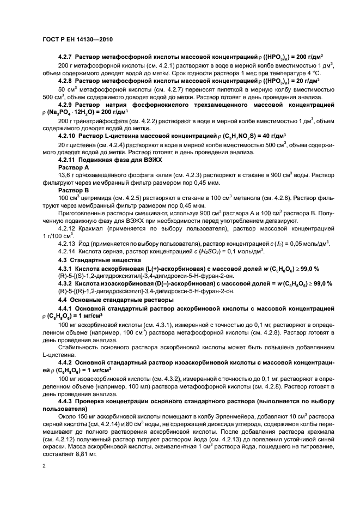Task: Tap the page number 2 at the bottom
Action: click(x=45, y=466)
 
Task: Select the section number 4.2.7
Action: click(x=65, y=57)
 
